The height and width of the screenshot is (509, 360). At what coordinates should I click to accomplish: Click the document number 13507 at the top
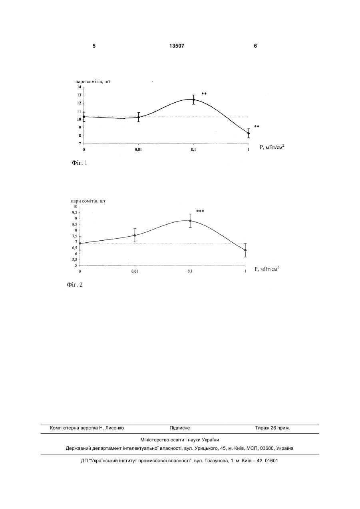tap(177, 46)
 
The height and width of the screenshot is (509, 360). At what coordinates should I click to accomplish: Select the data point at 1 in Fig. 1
tap(249, 134)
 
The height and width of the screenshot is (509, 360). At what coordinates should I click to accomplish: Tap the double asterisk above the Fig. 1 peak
tap(204, 94)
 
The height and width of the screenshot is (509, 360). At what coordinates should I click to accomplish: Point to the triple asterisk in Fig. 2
tap(200, 211)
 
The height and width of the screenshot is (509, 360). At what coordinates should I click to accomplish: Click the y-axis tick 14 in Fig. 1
tap(79, 87)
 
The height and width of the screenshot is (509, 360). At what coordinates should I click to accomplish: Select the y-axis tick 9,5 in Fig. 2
tap(75, 212)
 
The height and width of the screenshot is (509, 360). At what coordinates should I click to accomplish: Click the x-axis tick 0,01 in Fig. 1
tap(138, 150)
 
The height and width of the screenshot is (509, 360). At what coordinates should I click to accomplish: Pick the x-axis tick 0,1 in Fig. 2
tap(190, 271)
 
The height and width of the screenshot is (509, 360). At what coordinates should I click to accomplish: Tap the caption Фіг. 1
tap(80, 163)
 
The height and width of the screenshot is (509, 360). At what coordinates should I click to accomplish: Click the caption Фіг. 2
tap(74, 285)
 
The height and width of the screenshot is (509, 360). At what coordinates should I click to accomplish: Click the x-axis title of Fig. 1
tap(272, 147)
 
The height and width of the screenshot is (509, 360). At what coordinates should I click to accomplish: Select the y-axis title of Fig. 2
tap(88, 201)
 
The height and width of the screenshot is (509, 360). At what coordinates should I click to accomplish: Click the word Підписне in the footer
tap(180, 428)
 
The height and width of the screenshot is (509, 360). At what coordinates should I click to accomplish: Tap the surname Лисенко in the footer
tap(115, 428)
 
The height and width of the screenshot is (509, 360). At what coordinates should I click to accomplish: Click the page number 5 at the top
tap(94, 46)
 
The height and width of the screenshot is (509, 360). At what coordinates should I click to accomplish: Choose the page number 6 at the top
tap(255, 46)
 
